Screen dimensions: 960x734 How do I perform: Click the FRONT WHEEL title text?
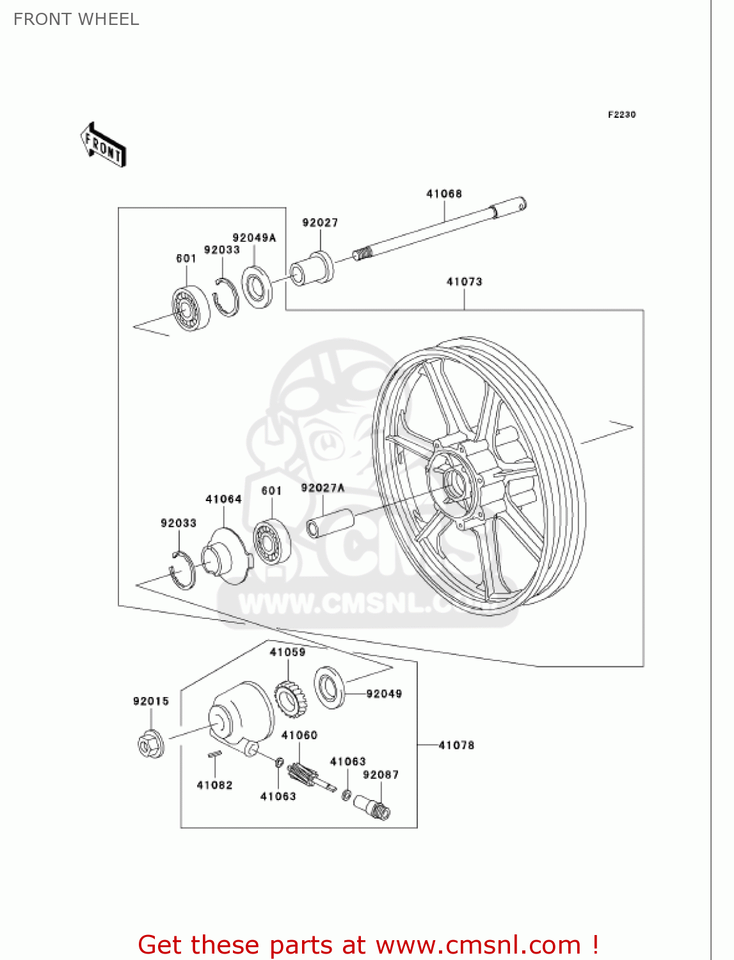pyautogui.click(x=76, y=19)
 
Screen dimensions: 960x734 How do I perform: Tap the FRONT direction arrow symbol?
pyautogui.click(x=103, y=145)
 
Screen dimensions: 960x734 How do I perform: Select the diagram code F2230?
pyautogui.click(x=621, y=115)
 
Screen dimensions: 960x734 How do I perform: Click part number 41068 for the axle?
pyautogui.click(x=443, y=193)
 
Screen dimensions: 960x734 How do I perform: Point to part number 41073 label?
pyautogui.click(x=464, y=282)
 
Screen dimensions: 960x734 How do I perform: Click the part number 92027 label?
pyautogui.click(x=320, y=222)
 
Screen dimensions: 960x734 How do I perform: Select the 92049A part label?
pyautogui.click(x=254, y=237)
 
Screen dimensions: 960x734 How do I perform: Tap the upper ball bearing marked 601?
pyautogui.click(x=190, y=309)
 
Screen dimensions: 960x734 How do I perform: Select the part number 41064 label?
pyautogui.click(x=223, y=499)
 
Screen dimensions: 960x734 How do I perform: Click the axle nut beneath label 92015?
pyautogui.click(x=151, y=744)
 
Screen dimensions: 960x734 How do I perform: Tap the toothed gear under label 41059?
pyautogui.click(x=291, y=699)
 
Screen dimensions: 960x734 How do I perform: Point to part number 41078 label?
pyautogui.click(x=456, y=745)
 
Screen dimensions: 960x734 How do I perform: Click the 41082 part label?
pyautogui.click(x=214, y=785)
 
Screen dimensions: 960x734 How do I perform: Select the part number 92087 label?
pyautogui.click(x=381, y=775)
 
